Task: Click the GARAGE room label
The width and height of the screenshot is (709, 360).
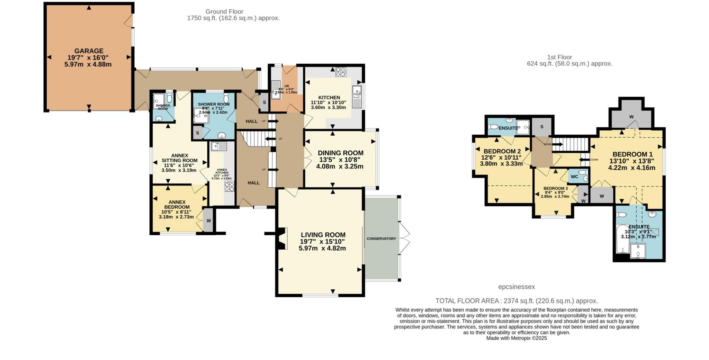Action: tap(89, 51)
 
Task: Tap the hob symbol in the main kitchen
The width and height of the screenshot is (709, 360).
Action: tap(341, 72)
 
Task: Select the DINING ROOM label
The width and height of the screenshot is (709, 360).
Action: tap(340, 153)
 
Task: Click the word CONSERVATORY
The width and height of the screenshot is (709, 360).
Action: tap(381, 239)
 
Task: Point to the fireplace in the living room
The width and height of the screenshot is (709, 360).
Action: tap(282, 238)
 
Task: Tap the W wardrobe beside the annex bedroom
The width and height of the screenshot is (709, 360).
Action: tap(208, 220)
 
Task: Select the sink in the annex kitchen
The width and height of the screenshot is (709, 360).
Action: tap(219, 146)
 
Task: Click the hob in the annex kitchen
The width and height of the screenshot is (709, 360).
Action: tap(229, 187)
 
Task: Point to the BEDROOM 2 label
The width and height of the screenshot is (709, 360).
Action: tap(502, 151)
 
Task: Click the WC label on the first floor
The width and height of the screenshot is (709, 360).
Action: tap(574, 177)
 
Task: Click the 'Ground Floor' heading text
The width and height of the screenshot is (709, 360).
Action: tap(224, 12)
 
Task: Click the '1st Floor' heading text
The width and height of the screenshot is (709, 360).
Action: tap(559, 57)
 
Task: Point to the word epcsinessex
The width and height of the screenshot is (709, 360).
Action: tap(516, 287)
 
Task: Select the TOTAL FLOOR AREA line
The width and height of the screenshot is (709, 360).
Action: tap(516, 301)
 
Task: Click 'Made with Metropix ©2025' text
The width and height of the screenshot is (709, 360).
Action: tap(516, 338)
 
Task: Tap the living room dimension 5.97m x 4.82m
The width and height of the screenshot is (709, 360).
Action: tap(322, 248)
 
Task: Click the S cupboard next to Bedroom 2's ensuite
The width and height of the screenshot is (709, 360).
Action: tap(541, 127)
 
